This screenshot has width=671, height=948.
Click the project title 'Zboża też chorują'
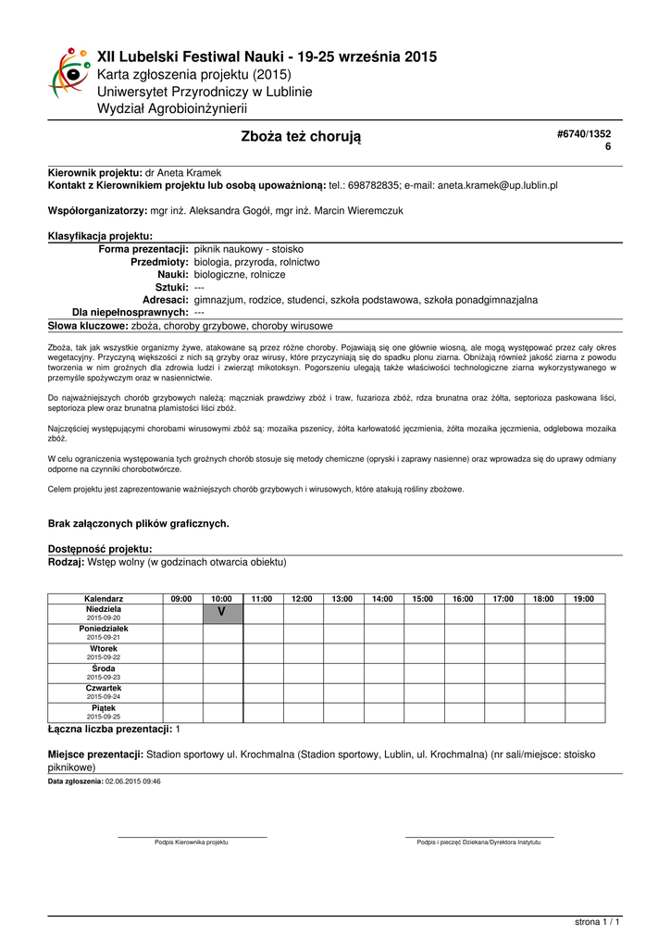(x=301, y=137)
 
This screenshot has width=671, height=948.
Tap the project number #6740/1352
(x=584, y=134)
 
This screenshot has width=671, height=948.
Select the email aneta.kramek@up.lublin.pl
(x=498, y=185)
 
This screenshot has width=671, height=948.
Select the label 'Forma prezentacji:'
(x=143, y=250)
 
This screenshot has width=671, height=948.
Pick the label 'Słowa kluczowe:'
(x=88, y=326)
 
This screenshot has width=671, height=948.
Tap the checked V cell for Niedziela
(x=222, y=613)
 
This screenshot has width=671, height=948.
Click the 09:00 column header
(x=182, y=599)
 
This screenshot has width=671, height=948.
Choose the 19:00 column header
(x=584, y=599)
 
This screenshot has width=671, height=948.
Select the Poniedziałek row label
(x=104, y=629)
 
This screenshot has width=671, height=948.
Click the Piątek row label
(x=104, y=708)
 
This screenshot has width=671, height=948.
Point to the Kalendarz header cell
(x=104, y=599)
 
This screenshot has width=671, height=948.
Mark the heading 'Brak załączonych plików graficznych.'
(x=138, y=523)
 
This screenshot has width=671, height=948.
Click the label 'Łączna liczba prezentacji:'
(x=110, y=730)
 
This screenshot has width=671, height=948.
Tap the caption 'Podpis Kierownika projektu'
(x=192, y=842)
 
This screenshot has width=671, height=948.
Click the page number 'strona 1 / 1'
(x=597, y=922)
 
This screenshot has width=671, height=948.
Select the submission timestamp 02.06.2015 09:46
(x=133, y=781)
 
